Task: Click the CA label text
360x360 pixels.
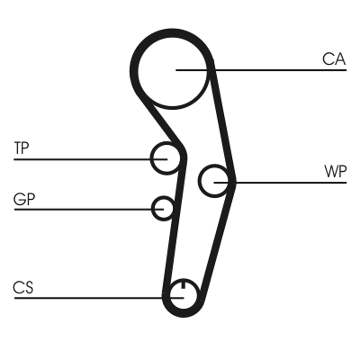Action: coord(333,59)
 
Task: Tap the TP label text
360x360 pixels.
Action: coord(21,148)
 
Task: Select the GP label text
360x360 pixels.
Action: coord(24,199)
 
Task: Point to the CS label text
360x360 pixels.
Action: coord(23,288)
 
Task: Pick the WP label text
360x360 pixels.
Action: coord(335,172)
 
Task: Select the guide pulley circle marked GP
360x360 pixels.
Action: coord(162,208)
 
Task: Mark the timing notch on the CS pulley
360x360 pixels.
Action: coord(183,284)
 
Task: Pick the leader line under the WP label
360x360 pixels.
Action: coord(292,182)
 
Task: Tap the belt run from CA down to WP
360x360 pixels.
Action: coord(222,121)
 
